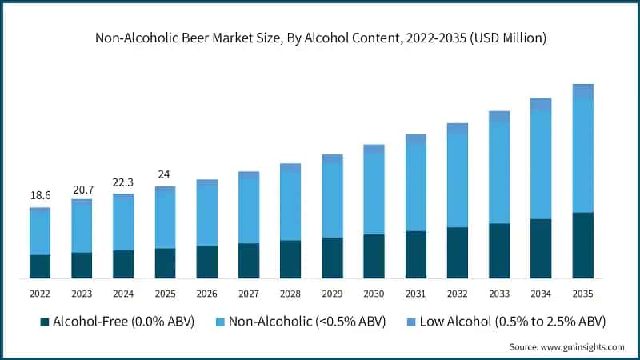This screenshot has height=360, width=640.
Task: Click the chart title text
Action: click(319, 37)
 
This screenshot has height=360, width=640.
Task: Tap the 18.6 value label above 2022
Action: click(40, 194)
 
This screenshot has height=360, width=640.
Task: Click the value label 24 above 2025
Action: click(165, 174)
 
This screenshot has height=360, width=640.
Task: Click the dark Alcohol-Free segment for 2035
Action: click(582, 245)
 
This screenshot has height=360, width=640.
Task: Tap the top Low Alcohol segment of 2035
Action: click(582, 91)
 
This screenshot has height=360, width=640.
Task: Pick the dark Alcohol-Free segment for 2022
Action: click(40, 266)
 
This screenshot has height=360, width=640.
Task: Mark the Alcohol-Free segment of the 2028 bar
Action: click(290, 259)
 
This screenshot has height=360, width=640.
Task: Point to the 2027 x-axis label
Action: click(249, 294)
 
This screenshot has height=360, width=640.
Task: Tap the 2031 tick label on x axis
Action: click(415, 294)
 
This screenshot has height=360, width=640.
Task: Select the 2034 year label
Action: click(541, 294)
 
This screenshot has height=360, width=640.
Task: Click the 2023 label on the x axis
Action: click(82, 294)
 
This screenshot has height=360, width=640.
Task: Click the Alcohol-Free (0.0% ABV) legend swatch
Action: click(45, 322)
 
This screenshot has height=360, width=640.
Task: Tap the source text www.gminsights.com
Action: click(566, 347)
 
